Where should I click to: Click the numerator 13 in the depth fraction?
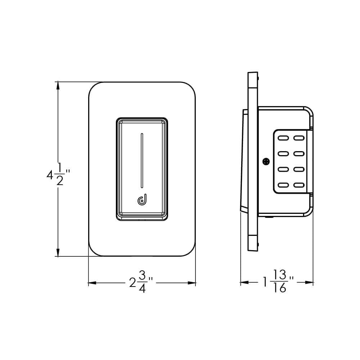point(280,276)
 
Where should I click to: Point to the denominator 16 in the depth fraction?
point(280,289)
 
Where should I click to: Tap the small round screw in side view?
point(266,162)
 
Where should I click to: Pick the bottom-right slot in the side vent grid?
point(299,185)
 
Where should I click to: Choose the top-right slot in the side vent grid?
point(299,138)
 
